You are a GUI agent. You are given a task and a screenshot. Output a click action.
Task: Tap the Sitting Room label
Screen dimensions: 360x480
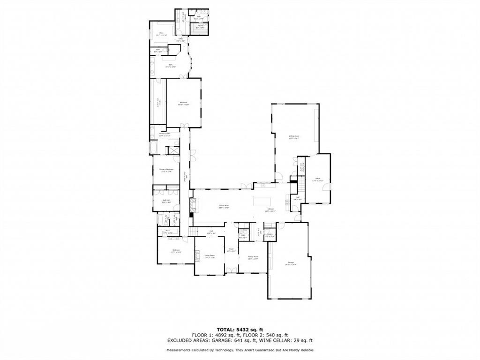point(294,136)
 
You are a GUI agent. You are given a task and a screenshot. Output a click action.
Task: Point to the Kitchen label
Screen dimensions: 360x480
point(270,210)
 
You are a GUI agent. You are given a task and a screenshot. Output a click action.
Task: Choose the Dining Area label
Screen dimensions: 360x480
point(224,205)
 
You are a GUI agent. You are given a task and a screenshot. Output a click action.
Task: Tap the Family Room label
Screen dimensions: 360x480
point(253,257)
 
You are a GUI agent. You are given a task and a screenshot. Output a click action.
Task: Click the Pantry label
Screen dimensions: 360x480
point(270,234)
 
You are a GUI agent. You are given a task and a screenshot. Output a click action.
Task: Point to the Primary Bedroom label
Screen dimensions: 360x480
point(166,170)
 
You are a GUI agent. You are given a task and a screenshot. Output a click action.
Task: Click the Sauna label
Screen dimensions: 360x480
point(200,27)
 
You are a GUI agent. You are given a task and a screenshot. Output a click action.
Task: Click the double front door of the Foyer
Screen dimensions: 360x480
point(231,270)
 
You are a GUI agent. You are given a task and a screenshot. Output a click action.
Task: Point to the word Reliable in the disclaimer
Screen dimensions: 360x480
point(304,350)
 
